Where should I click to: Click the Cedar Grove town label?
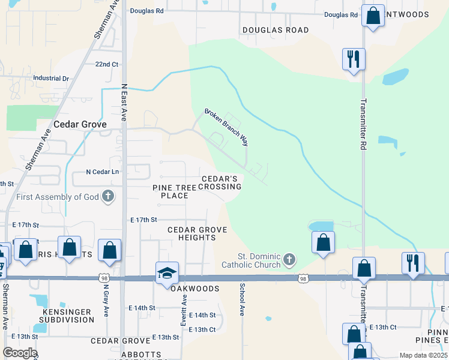[x=80, y=124]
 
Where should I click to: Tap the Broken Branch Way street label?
[x=226, y=127]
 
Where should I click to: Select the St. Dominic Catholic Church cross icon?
[x=289, y=260]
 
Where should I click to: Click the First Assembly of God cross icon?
[x=108, y=196]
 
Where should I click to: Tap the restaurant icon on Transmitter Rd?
[x=353, y=59]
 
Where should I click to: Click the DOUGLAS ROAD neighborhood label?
[x=276, y=30]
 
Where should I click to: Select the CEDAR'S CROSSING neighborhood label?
[x=221, y=182]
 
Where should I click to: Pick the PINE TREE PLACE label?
[x=174, y=191]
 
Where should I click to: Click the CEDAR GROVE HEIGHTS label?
[x=191, y=233]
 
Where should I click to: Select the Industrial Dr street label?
[x=51, y=78]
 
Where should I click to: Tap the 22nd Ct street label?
[x=107, y=64]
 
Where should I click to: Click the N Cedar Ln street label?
[x=103, y=172]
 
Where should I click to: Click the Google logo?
[x=20, y=353]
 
